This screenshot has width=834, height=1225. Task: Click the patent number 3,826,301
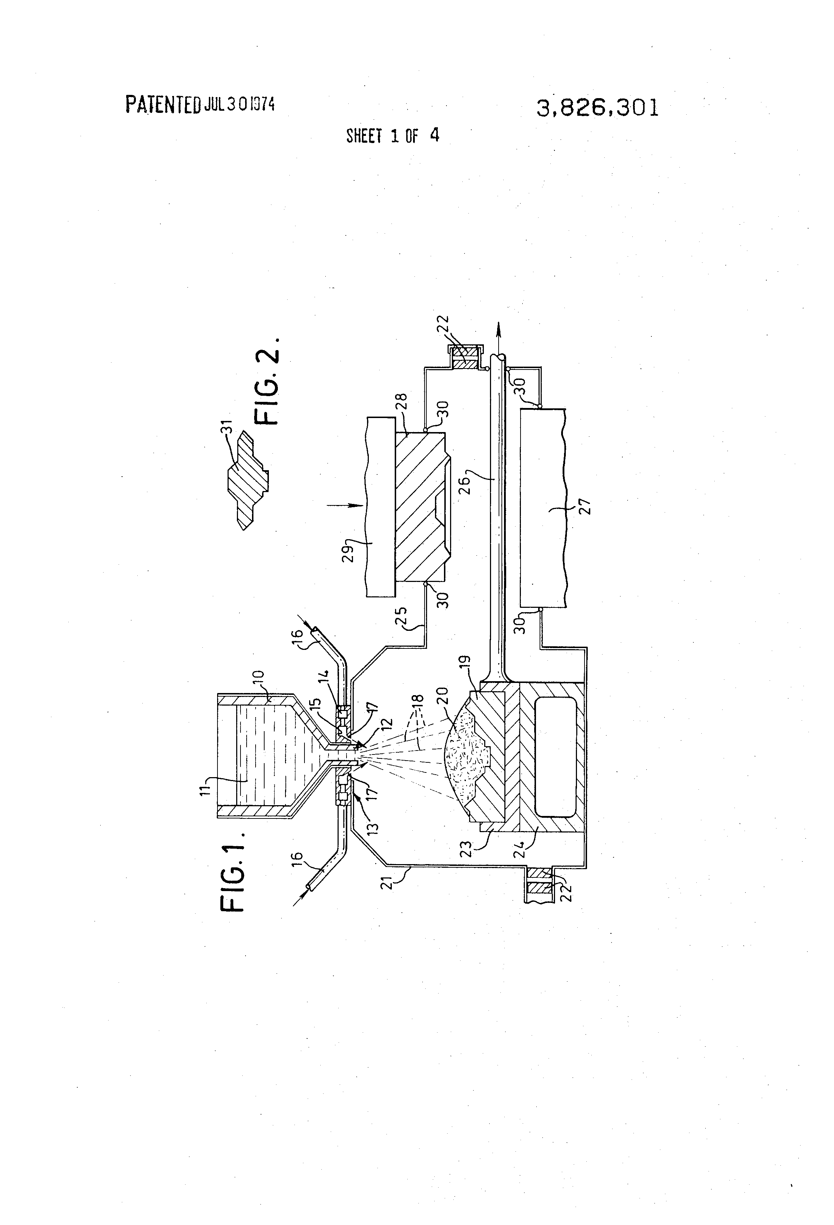point(597,109)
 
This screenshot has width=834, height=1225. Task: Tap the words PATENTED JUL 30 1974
point(200,104)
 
